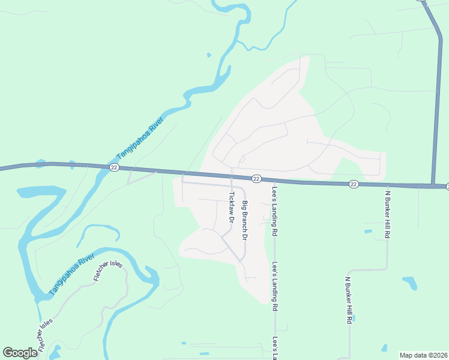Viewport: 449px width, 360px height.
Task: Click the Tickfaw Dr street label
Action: (231, 206)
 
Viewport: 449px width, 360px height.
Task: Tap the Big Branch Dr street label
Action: (244, 221)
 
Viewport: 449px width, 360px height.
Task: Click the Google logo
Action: (20, 353)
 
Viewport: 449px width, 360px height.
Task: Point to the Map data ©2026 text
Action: (423, 355)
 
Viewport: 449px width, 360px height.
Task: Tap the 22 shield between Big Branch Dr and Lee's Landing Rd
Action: (256, 178)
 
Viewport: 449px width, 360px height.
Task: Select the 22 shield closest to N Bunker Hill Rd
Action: (354, 184)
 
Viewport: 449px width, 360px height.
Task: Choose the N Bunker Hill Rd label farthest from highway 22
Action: (348, 300)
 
